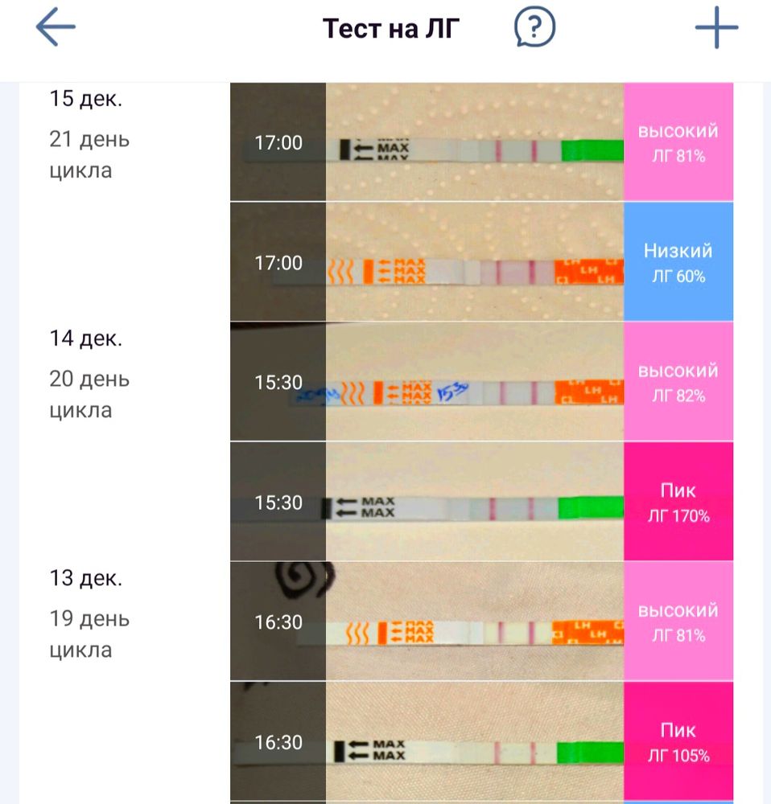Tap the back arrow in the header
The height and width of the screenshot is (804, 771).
56,27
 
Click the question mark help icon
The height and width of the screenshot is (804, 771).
534,29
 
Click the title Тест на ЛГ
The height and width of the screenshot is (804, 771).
391,29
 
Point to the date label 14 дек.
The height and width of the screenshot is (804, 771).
86,338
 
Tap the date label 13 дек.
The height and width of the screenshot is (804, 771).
86,578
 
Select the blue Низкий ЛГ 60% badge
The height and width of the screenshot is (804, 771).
678,262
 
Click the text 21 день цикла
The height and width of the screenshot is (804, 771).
89,155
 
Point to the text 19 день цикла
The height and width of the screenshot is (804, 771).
89,634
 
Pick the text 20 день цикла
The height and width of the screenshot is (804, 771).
89,395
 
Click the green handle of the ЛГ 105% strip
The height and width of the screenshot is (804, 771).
591,752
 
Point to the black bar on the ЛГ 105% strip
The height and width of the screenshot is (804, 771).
340,751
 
